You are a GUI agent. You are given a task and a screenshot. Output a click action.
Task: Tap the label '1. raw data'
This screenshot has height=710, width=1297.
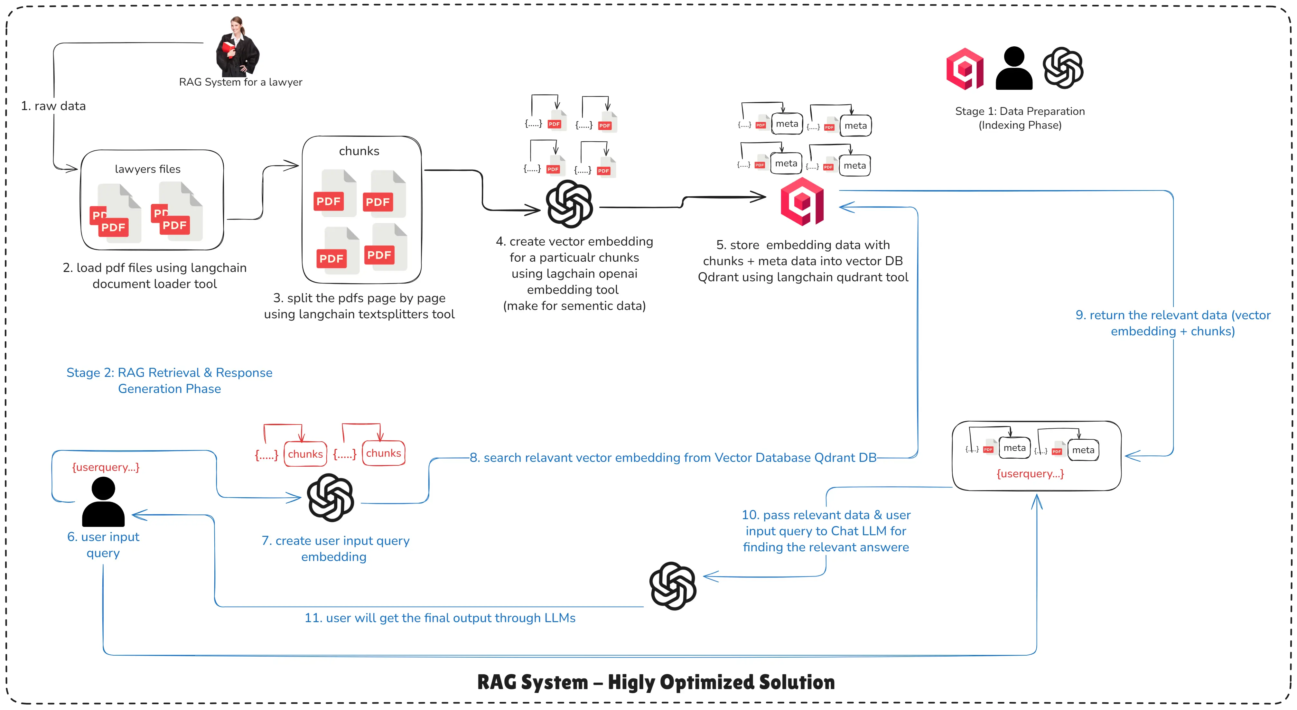53,106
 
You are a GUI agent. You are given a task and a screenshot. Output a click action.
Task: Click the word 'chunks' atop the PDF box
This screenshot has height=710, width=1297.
359,151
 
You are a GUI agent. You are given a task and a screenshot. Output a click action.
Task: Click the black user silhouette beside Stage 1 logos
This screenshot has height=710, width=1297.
1014,69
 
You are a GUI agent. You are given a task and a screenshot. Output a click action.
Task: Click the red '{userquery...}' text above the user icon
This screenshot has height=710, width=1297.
106,467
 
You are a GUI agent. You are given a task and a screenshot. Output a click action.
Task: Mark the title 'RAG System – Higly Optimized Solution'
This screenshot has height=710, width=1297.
656,682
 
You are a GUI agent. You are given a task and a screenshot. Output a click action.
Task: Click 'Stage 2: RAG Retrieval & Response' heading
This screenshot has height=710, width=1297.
169,373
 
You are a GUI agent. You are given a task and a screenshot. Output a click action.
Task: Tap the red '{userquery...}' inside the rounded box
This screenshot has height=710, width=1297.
1030,474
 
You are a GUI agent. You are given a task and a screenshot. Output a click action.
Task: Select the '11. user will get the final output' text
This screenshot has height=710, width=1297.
440,618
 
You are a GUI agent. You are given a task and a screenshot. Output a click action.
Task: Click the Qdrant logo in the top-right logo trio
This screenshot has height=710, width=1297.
965,69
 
